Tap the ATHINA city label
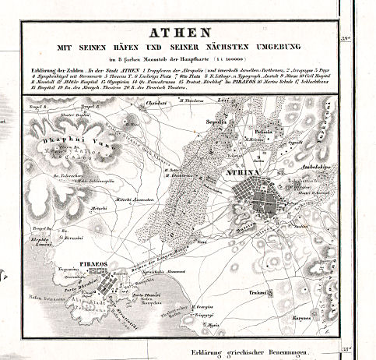(244, 175)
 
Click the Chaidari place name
(158, 102)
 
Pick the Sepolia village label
(227, 122)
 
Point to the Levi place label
(243, 102)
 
